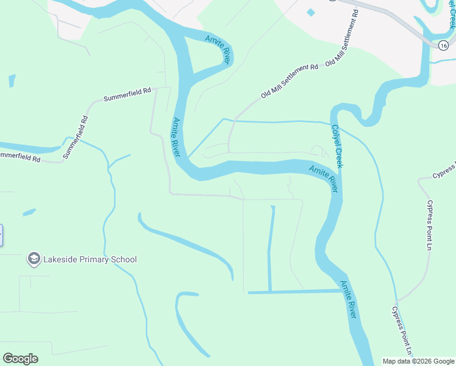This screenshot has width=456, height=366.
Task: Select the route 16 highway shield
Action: pyautogui.click(x=443, y=45)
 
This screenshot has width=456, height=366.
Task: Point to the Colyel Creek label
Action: pyautogui.click(x=337, y=146)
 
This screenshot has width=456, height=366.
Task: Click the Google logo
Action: pyautogui.click(x=20, y=359)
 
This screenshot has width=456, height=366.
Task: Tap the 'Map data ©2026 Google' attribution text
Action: pyautogui.click(x=417, y=361)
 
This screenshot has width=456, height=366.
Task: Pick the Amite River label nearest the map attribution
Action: pyautogui.click(x=348, y=299)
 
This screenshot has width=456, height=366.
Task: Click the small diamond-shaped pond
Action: pyautogui.click(x=312, y=12)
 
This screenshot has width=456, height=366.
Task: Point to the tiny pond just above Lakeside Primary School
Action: pyautogui.click(x=29, y=212)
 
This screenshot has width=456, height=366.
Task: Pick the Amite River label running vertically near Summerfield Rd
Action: pyautogui.click(x=177, y=137)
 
